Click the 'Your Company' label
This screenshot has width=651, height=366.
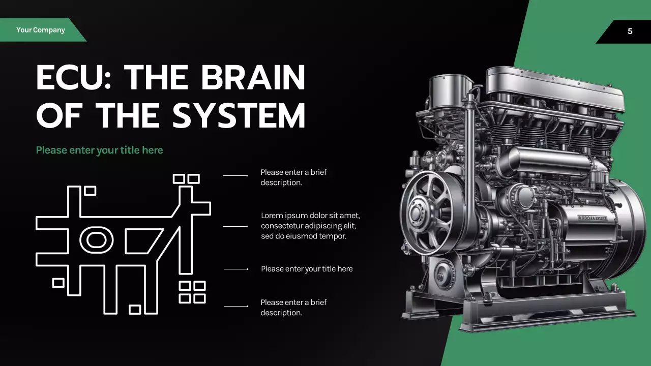(41, 30)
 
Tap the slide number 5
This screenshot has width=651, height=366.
(630, 32)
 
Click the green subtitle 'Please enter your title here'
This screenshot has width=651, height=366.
(99, 150)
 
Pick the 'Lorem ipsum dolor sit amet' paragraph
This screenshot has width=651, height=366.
(310, 226)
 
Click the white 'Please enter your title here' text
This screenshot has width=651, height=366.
(307, 269)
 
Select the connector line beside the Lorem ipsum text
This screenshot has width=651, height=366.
(235, 226)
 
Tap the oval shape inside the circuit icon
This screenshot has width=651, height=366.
(97, 240)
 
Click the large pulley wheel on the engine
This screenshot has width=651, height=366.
(426, 212)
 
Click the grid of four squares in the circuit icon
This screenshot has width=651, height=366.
(192, 292)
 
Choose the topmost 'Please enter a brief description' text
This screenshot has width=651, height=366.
(293, 177)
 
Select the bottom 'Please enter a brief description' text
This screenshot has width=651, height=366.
(293, 308)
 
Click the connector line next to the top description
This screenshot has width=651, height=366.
(235, 175)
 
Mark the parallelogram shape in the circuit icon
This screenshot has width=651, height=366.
(144, 240)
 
